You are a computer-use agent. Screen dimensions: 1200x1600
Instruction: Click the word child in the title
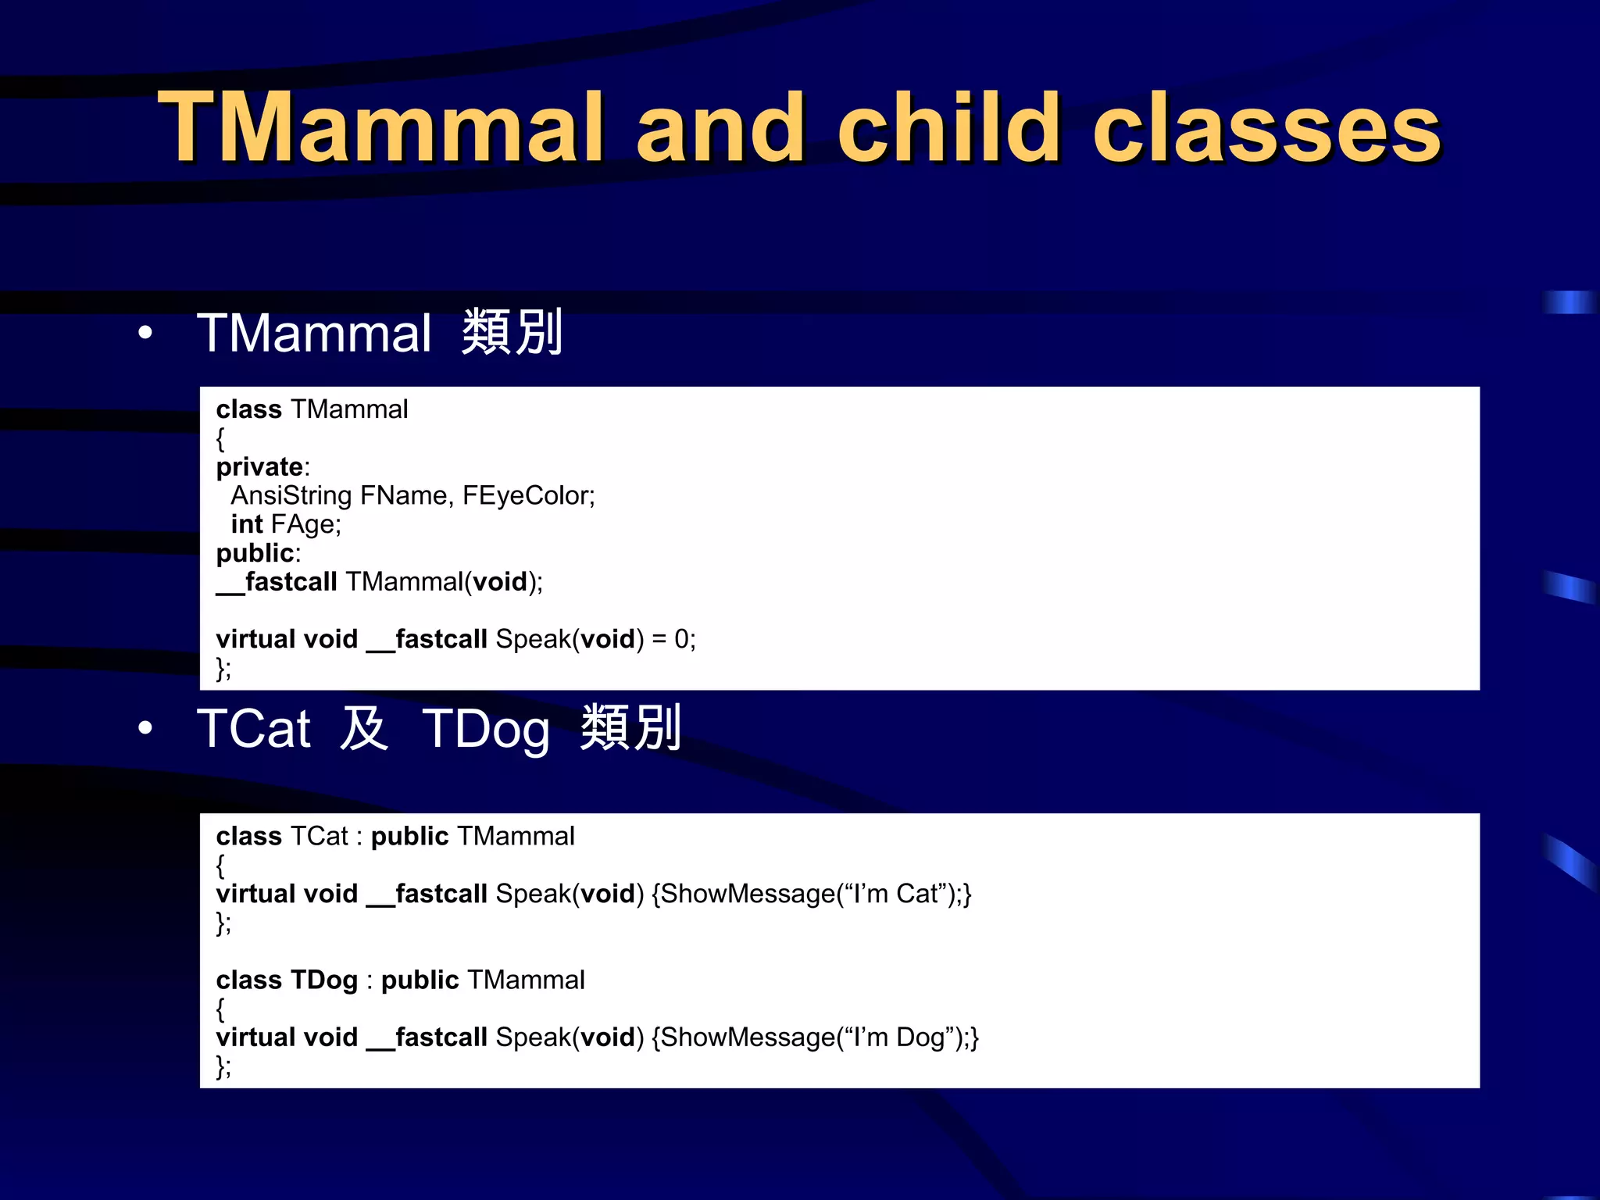pos(948,127)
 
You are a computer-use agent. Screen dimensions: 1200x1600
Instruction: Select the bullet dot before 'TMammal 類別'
pos(145,334)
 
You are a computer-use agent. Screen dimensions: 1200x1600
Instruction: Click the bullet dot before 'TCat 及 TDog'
pos(145,729)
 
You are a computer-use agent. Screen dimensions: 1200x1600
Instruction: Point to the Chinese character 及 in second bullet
pos(364,728)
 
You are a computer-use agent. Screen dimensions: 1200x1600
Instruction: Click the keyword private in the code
pos(259,467)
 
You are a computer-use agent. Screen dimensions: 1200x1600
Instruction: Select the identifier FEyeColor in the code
pos(527,495)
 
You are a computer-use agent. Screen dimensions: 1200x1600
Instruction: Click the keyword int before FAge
pos(246,524)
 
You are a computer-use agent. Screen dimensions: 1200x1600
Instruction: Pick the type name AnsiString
pos(291,495)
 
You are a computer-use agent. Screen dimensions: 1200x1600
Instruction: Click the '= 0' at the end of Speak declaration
pos(673,639)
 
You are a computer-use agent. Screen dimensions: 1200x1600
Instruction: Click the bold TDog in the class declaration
pos(323,980)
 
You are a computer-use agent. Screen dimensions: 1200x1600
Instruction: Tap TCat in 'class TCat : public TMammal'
pos(319,837)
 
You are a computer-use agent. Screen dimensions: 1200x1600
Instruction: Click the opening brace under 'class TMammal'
pos(220,439)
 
